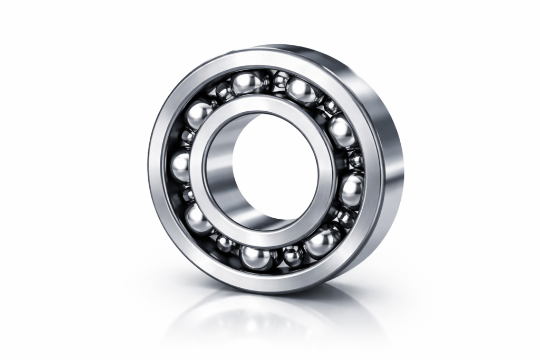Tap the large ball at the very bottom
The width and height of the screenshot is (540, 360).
(255, 257)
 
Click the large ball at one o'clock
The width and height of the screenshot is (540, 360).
(301, 91)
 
